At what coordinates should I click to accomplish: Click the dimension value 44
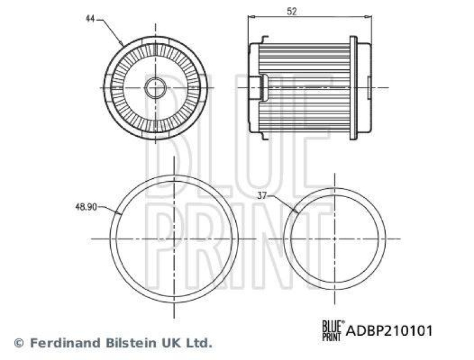tap(90, 18)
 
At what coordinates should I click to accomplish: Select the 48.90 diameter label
tap(86, 208)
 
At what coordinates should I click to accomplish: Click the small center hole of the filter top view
tap(155, 88)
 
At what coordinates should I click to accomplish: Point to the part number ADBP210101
tap(389, 330)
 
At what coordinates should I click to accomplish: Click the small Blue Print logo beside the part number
tap(332, 330)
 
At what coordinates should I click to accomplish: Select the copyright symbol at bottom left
tap(19, 343)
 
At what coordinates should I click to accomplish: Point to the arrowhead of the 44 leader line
tap(123, 45)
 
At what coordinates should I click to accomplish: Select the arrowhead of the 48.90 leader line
tap(121, 214)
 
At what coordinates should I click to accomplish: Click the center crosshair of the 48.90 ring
tap(174, 239)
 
